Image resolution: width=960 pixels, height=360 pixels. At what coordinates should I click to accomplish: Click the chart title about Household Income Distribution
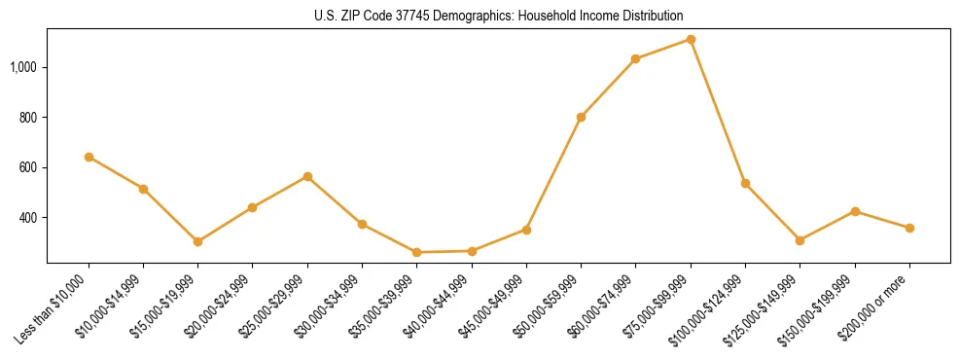pos(499,16)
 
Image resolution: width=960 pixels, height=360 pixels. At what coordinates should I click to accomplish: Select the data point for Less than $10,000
pos(89,157)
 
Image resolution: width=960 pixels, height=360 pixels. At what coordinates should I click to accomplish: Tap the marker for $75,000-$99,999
pos(691,39)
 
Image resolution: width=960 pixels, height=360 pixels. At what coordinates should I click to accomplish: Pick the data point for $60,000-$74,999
pos(635,59)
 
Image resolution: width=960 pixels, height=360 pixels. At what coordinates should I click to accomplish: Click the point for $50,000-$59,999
pos(581,117)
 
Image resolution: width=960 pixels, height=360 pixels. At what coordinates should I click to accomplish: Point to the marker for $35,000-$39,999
pos(416,252)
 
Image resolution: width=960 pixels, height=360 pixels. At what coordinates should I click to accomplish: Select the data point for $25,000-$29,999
pos(307,176)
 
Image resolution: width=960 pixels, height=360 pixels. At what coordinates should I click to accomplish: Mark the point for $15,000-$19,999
pos(197,241)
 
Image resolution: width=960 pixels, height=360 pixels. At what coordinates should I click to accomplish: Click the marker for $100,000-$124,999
pos(745,183)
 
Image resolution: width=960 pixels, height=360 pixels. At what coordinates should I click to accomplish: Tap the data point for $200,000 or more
pos(909,228)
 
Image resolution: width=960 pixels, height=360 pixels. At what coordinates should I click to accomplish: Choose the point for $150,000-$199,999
pos(855,211)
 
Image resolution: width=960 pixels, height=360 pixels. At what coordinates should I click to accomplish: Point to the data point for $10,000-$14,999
pos(143,189)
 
